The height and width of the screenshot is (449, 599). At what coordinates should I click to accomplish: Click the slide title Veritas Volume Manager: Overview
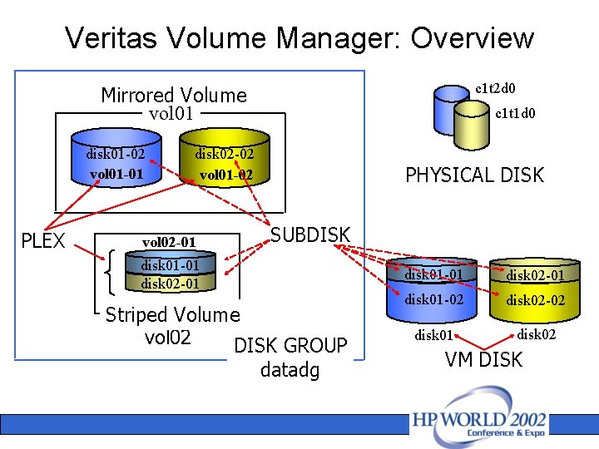point(299,38)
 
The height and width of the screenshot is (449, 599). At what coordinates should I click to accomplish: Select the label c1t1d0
point(515,114)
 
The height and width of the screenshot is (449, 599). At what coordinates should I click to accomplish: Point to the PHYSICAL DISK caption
point(474,175)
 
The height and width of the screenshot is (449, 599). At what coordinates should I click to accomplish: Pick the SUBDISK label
point(311,235)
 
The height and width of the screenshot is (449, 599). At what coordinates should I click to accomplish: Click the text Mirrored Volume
point(174,96)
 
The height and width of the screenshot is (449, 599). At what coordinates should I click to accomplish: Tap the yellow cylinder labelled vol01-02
point(225,165)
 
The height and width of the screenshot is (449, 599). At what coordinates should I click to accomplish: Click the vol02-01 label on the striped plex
point(169,242)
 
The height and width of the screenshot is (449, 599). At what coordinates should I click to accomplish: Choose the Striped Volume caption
point(172,314)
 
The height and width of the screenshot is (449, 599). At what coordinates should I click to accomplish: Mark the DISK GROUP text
point(290,346)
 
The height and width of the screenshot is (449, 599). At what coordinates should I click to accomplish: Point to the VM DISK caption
point(483,360)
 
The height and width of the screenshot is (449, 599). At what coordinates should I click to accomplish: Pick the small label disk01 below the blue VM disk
point(434,336)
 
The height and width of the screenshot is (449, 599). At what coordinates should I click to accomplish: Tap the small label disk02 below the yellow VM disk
point(537,334)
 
